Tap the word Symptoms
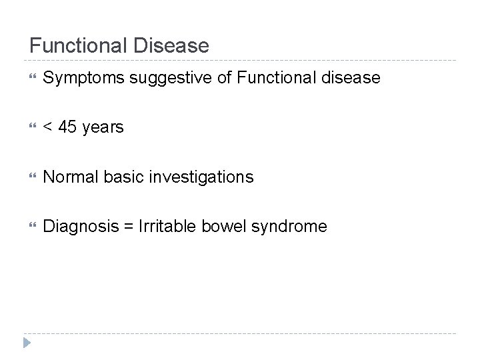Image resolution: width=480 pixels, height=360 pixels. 83,79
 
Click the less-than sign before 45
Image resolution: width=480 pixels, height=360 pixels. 47,127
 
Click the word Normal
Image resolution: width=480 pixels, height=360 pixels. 69,177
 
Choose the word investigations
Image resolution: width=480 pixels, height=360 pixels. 201,177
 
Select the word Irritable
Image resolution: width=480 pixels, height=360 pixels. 163,226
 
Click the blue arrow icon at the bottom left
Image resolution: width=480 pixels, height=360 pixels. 26,344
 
